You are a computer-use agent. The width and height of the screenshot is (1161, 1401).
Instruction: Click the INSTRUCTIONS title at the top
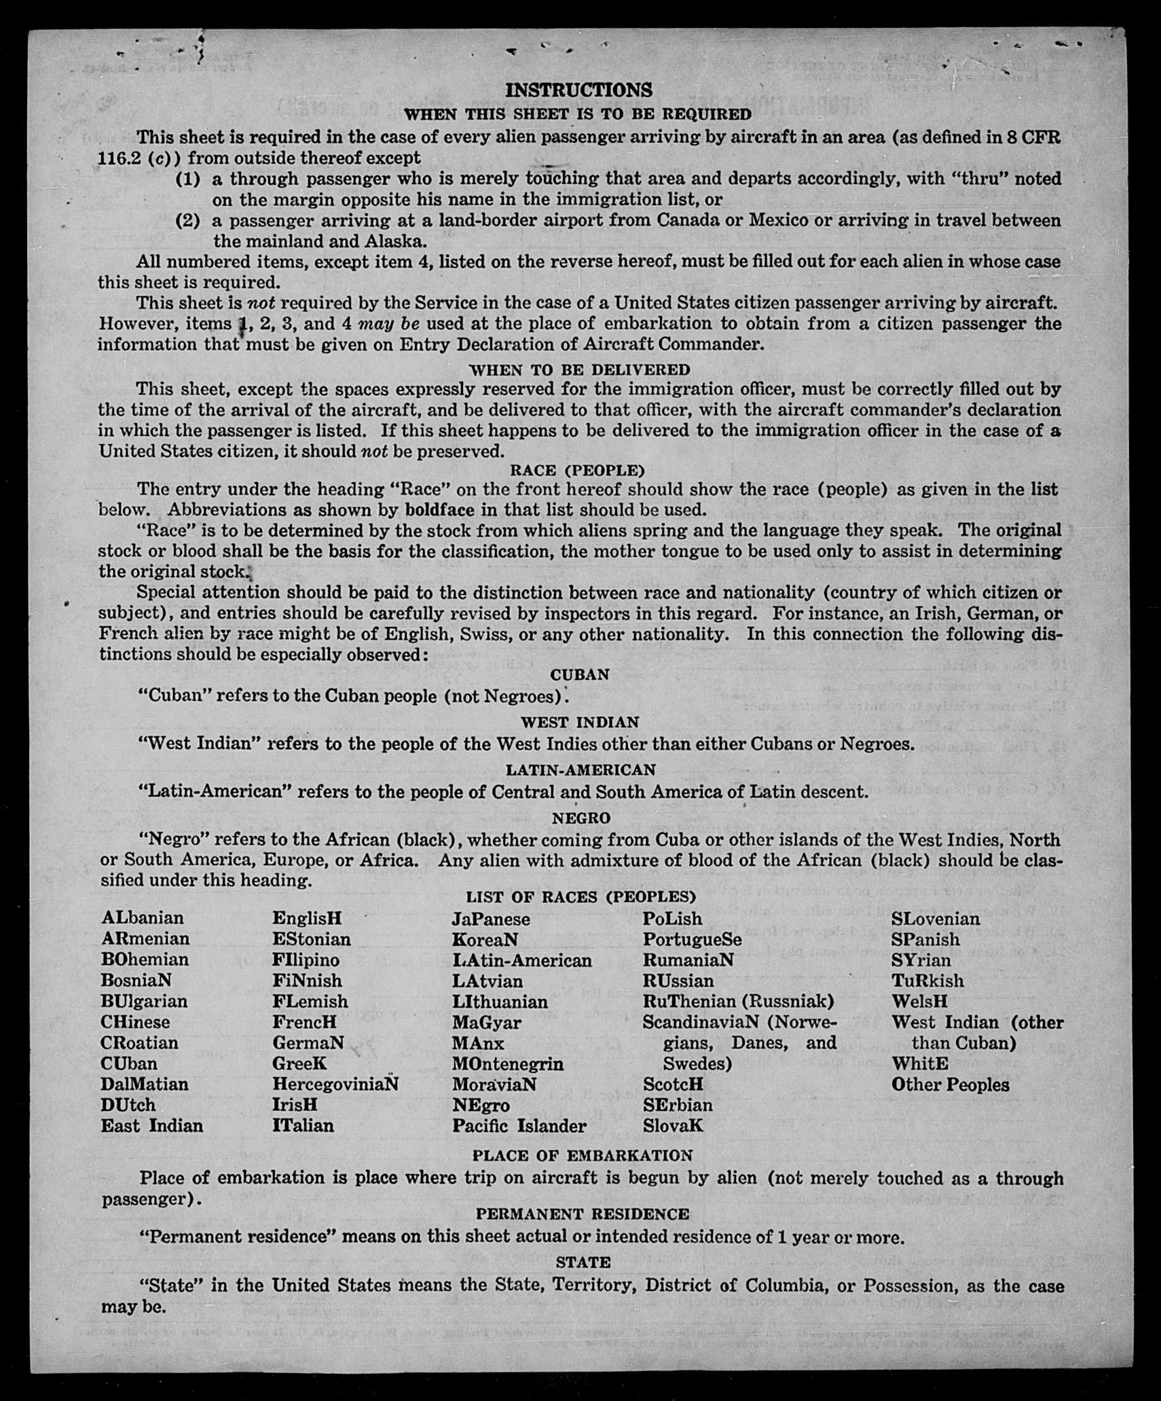point(578,90)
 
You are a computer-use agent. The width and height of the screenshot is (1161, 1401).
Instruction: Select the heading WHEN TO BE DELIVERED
point(580,369)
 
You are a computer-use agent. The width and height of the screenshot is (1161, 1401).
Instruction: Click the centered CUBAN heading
point(580,675)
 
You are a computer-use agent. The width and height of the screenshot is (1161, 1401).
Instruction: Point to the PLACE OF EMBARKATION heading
point(583,1155)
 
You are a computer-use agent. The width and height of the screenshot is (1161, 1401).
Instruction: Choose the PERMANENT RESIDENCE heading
point(582,1214)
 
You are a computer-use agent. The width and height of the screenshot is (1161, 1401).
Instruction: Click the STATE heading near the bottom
point(583,1262)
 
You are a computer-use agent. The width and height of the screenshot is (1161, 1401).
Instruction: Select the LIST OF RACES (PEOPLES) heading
point(580,897)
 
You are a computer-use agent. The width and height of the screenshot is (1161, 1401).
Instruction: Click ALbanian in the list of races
point(143,918)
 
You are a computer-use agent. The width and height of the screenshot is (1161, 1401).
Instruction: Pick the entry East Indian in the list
point(152,1126)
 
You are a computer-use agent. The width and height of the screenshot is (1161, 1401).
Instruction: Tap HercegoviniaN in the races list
point(335,1084)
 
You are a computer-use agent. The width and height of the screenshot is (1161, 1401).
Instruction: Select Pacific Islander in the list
point(519,1126)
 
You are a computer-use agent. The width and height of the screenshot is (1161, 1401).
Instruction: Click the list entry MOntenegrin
point(508,1063)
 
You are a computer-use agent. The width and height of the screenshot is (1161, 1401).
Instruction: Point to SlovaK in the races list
point(673,1126)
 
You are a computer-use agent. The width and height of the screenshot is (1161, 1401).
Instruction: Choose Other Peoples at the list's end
point(950,1085)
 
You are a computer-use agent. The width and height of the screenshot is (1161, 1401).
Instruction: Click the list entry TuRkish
point(927,981)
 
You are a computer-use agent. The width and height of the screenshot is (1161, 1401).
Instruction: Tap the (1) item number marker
point(188,179)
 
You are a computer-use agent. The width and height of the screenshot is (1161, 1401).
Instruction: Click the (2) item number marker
point(188,221)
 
